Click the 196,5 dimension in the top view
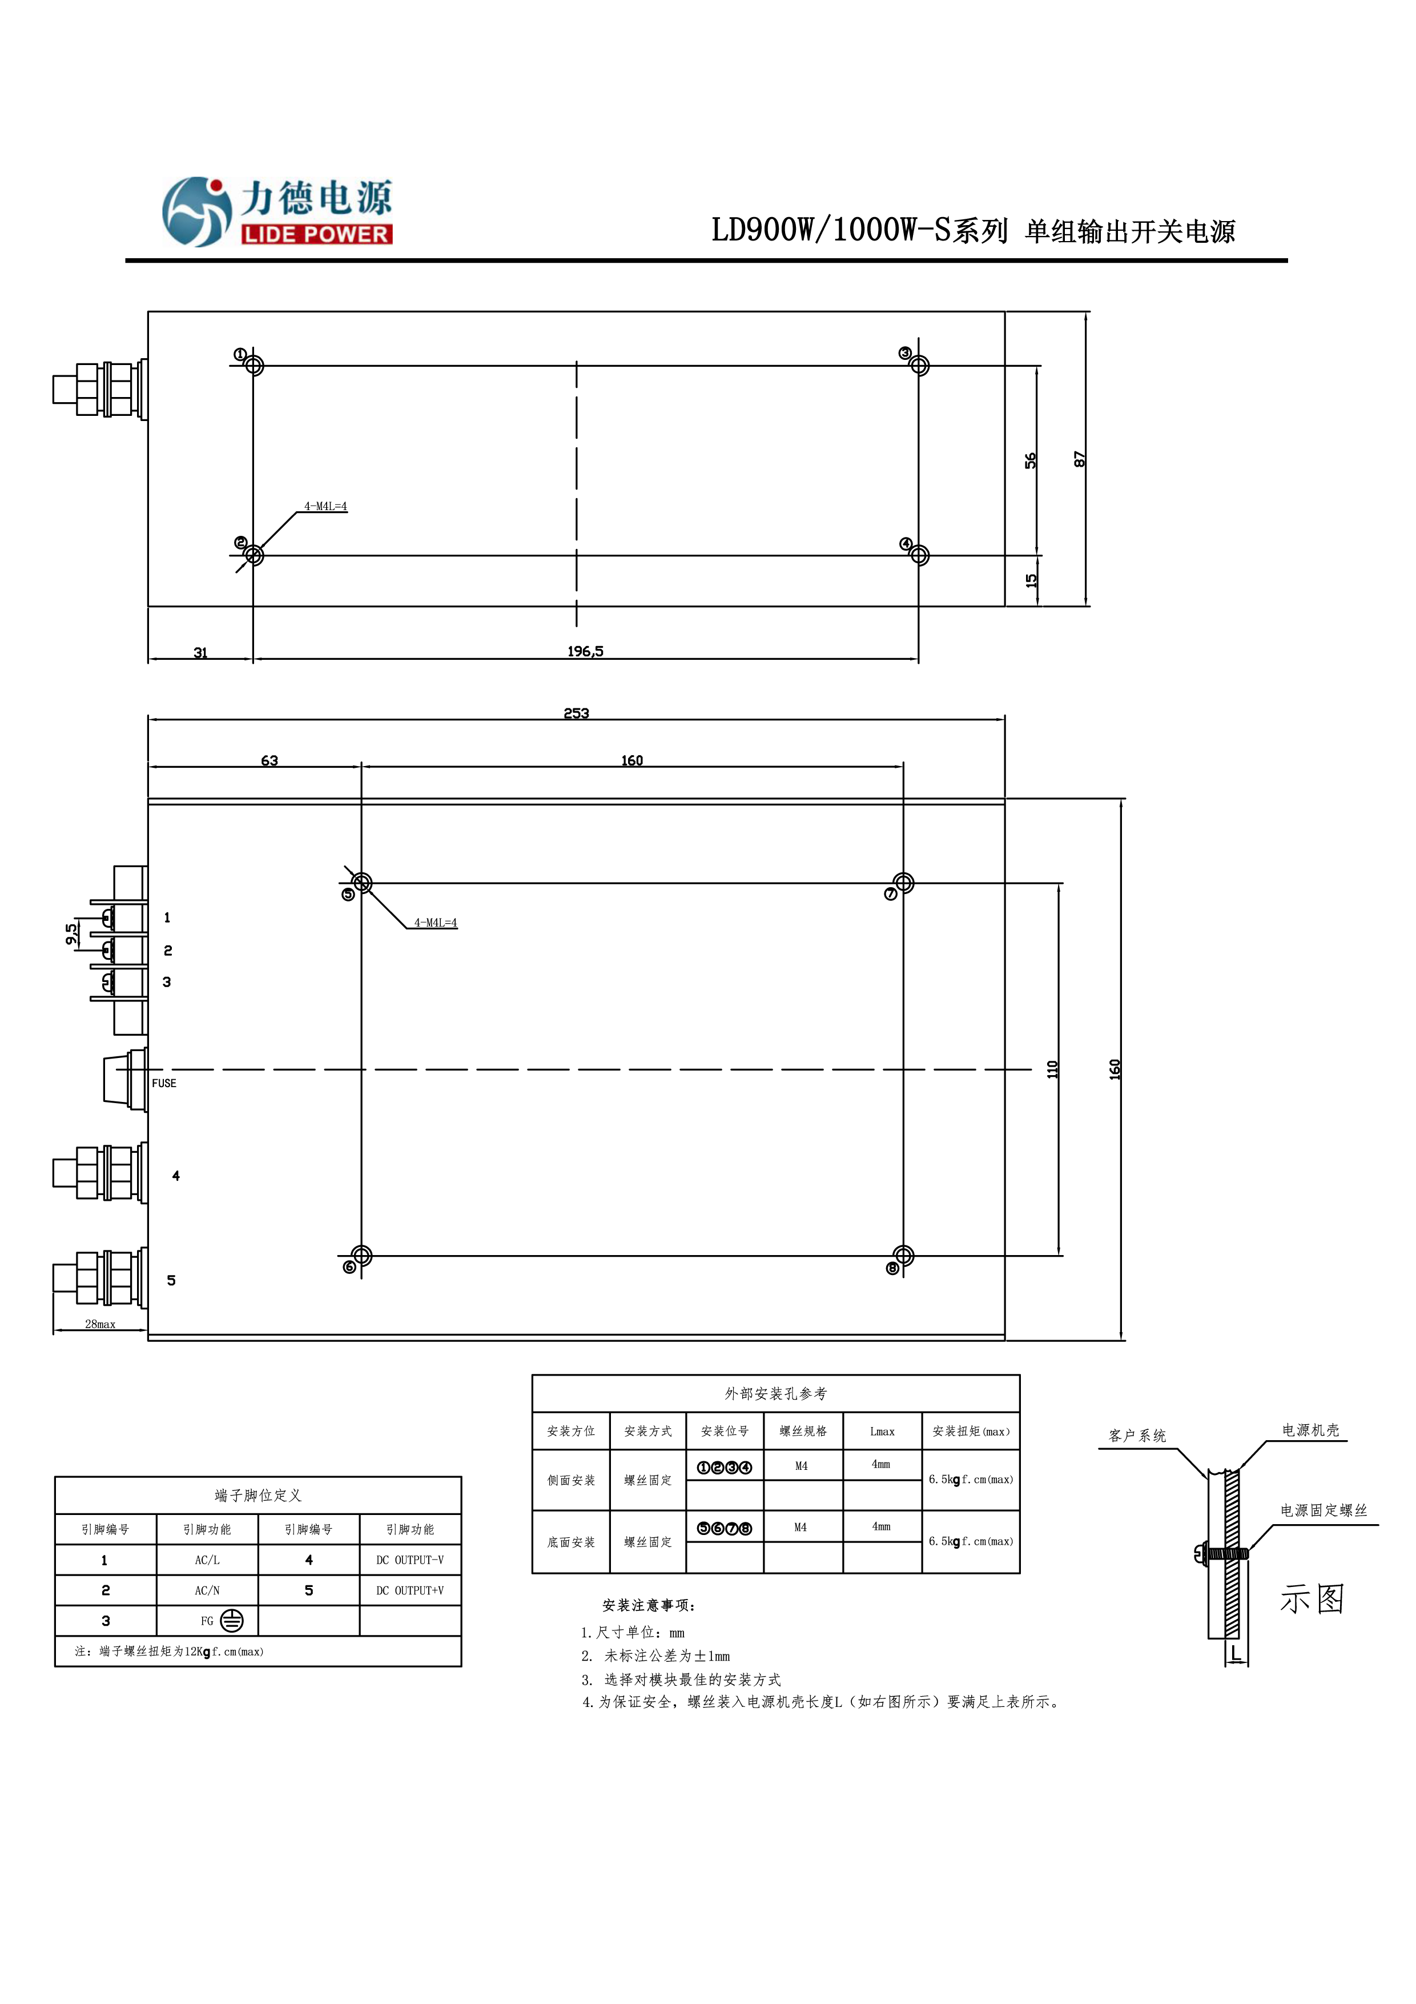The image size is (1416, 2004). click(x=585, y=651)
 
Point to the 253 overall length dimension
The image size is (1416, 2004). click(x=576, y=713)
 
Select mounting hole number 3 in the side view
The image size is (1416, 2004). click(x=920, y=366)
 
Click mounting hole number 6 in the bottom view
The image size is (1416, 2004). click(x=362, y=1256)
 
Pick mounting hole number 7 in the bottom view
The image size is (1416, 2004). click(x=904, y=883)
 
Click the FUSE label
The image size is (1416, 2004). click(x=164, y=1083)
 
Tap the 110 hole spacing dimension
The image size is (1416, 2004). click(x=1052, y=1069)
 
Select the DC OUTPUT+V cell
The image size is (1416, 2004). click(x=410, y=1590)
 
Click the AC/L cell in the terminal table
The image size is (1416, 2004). click(x=208, y=1560)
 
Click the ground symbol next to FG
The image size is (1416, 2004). click(x=231, y=1621)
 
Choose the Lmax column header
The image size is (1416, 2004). click(x=882, y=1432)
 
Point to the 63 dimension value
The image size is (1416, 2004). click(x=269, y=760)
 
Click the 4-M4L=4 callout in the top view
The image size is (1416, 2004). click(x=325, y=506)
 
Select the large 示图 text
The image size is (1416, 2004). click(x=1312, y=1599)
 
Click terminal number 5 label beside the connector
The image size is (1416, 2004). click(x=171, y=1280)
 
